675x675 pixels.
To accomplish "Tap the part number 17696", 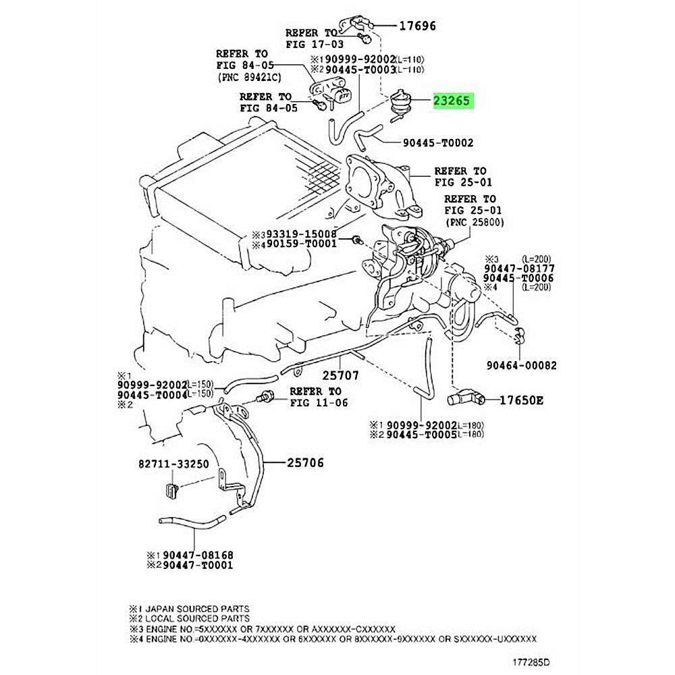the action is pyautogui.click(x=418, y=26).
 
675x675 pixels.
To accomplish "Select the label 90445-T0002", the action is pyautogui.click(x=438, y=142).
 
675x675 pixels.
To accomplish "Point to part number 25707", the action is pyautogui.click(x=340, y=375).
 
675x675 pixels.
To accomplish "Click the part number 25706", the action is pyautogui.click(x=305, y=463).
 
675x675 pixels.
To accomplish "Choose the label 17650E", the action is pyautogui.click(x=521, y=400).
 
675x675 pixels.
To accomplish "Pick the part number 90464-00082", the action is pyautogui.click(x=521, y=365).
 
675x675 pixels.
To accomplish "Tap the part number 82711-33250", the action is pyautogui.click(x=173, y=464).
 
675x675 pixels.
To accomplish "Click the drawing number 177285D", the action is pyautogui.click(x=531, y=661).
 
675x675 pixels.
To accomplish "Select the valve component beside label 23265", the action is pyautogui.click(x=400, y=103).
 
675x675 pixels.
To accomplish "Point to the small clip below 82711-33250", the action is pyautogui.click(x=171, y=490).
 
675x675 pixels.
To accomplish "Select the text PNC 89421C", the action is pyautogui.click(x=250, y=78).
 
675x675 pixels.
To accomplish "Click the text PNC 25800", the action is pyautogui.click(x=475, y=222).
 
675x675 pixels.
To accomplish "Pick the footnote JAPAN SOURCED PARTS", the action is pyautogui.click(x=197, y=609).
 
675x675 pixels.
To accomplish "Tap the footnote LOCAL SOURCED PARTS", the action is pyautogui.click(x=197, y=618).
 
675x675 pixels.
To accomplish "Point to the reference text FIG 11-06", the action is pyautogui.click(x=319, y=403).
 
